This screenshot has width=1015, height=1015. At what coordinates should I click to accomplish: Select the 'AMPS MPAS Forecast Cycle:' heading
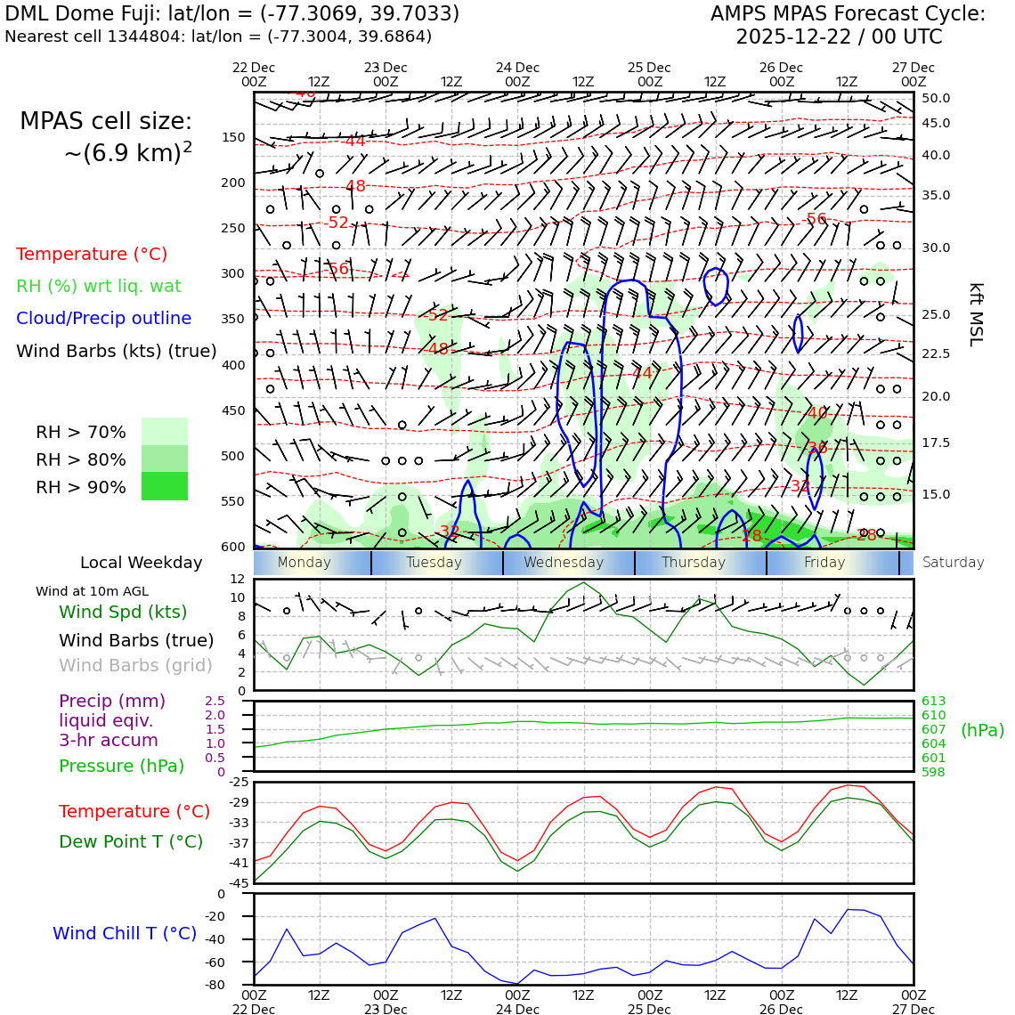pos(848,14)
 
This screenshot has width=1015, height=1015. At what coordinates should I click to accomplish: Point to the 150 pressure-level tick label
pos(233,138)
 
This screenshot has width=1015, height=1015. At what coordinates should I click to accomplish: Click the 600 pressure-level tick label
pos(233,547)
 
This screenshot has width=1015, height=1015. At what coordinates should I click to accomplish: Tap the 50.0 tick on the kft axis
pos(936,99)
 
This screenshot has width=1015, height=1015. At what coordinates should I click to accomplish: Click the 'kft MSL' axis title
pos(976,314)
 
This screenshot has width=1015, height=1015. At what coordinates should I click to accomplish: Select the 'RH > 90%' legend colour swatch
pos(165,486)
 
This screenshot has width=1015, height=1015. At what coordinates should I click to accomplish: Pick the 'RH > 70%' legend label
pos(81,433)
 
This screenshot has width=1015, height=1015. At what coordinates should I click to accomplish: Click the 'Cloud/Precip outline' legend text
pos(103,319)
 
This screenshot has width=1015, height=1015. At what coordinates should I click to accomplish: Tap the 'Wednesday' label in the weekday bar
pos(564,563)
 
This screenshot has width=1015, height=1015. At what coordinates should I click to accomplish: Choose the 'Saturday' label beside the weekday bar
pos(954,563)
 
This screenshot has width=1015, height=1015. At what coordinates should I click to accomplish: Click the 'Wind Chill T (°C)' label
pos(125,933)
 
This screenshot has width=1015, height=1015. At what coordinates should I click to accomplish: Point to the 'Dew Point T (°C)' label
pos(131,841)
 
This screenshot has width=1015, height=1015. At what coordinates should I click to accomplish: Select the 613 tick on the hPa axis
pos(934,702)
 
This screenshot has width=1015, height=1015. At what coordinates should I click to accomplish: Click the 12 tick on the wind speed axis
pos(237,579)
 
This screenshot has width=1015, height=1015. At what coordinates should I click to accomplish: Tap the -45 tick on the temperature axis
pos(240,883)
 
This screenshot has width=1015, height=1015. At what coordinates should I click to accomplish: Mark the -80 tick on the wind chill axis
pos(238,985)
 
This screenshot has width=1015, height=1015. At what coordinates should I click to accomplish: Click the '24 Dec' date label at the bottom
pos(517,1010)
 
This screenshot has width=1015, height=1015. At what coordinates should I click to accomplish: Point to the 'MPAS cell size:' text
pos(106,122)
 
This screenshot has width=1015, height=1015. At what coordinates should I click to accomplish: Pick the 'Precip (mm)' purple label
pos(112,702)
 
